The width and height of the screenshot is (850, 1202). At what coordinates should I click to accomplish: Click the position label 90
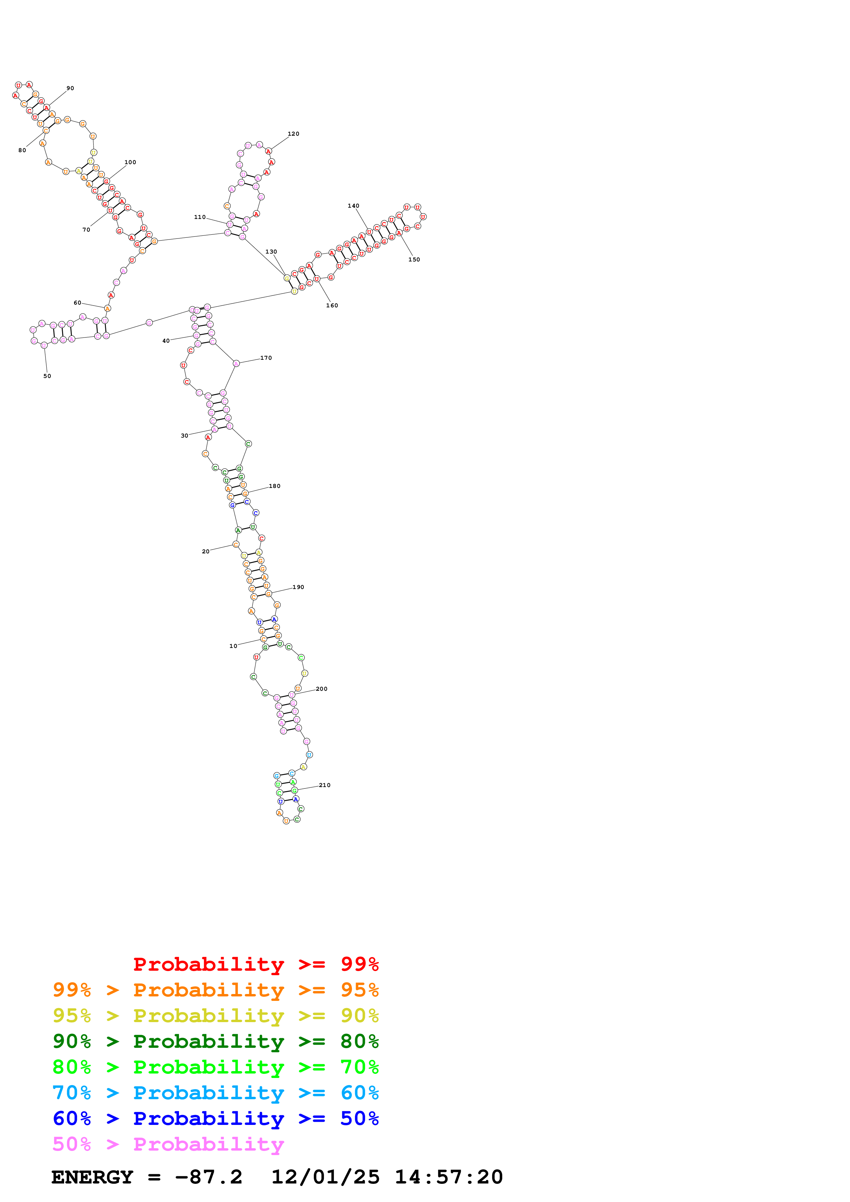70,88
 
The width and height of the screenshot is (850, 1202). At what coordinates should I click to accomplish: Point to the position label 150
414,260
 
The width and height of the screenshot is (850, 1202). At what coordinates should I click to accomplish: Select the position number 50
47,376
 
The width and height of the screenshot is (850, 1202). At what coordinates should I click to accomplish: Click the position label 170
266,358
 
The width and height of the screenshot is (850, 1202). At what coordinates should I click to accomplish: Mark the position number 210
325,785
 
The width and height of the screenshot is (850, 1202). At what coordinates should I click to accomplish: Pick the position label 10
233,646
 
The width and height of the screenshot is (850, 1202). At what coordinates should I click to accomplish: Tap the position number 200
322,689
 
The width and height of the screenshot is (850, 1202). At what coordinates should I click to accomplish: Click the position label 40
166,341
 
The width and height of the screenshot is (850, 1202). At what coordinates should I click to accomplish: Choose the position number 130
271,252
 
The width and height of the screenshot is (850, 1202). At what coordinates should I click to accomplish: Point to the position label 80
22,150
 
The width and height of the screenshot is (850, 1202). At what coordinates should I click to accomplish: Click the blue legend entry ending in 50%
215,1119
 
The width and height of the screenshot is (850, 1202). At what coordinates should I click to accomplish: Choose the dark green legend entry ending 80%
215,1041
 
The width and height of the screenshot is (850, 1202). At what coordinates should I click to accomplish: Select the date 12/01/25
325,1177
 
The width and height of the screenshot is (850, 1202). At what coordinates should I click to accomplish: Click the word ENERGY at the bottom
92,1177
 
